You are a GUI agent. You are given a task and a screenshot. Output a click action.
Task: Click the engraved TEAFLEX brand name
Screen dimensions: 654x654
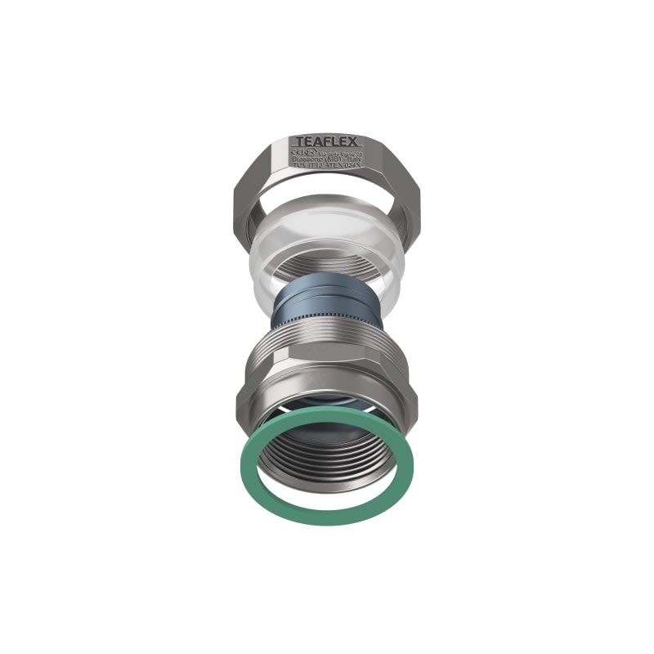point(327,141)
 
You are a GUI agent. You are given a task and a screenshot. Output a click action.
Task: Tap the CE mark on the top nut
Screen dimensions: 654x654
point(293,153)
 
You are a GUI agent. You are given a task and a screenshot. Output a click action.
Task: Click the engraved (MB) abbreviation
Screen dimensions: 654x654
point(329,160)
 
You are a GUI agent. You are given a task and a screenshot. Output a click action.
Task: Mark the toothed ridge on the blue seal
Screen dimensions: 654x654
point(327,316)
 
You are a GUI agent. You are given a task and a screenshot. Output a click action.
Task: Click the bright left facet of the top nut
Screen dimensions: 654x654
point(249,196)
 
